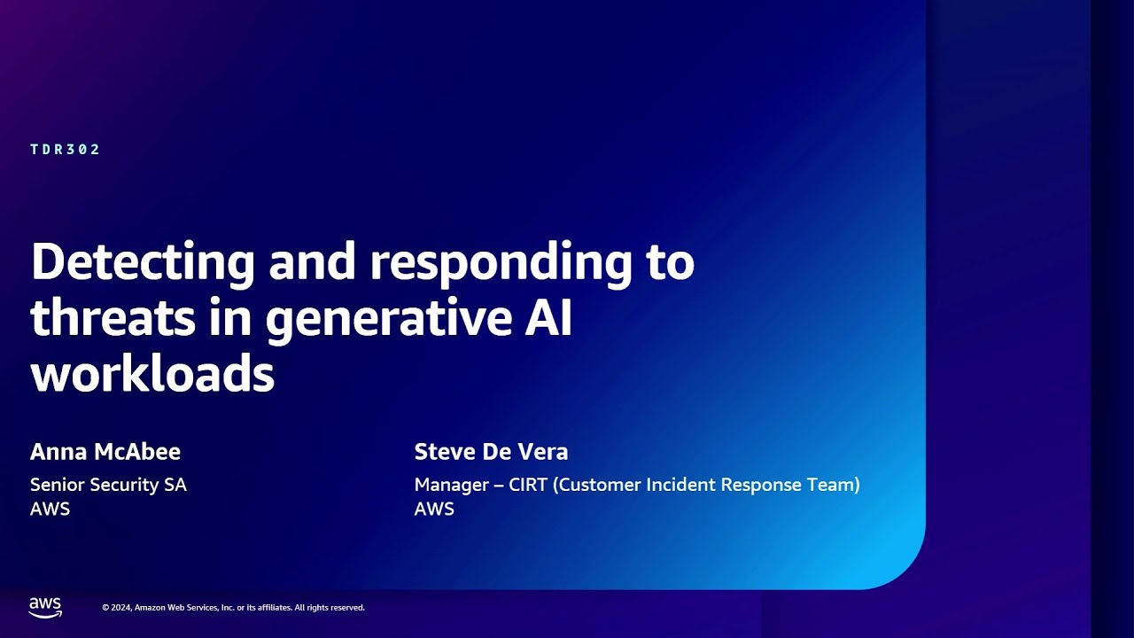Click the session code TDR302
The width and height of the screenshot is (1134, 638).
click(x=66, y=150)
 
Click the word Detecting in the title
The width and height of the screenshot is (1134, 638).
click(x=143, y=263)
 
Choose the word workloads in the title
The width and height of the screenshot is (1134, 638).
click(x=152, y=375)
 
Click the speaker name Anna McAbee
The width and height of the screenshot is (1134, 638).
click(x=105, y=452)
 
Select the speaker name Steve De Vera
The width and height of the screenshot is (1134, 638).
click(x=491, y=452)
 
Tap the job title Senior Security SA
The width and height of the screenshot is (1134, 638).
click(x=108, y=485)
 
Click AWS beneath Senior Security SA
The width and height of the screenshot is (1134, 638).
click(x=50, y=509)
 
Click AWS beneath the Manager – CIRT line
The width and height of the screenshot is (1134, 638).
click(x=434, y=509)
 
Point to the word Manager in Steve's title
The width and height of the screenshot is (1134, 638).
click(x=451, y=485)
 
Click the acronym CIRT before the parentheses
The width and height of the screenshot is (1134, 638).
click(x=529, y=485)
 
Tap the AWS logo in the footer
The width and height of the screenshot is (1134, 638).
click(x=45, y=607)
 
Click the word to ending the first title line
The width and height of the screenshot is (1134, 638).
click(x=670, y=263)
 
